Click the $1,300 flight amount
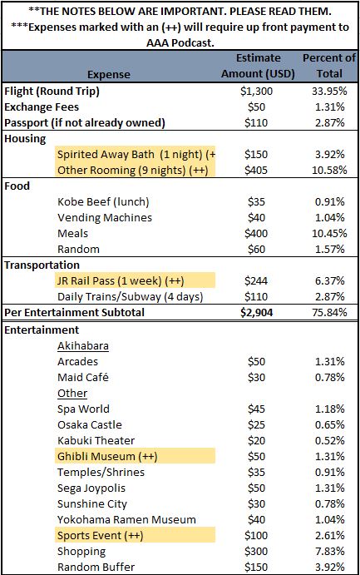pos(256,91)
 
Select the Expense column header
pos(109,74)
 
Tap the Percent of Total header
pos(329,66)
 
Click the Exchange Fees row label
pos(42,107)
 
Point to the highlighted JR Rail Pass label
pos(121,281)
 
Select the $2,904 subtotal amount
pos(256,312)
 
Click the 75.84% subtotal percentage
pos(329,312)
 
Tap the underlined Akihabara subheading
pos(83,346)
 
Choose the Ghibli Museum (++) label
pos(107,457)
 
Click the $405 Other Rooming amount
pos(256,170)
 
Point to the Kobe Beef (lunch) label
pos(103,201)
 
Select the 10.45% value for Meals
pos(329,233)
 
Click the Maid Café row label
pos(83,377)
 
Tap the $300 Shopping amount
pos(256,551)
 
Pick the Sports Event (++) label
pos(100,535)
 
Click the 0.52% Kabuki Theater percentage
pos(329,440)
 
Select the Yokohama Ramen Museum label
pos(126,519)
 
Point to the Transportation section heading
pos(42,265)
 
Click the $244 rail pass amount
pos(256,281)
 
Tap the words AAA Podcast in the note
pos(180,43)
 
